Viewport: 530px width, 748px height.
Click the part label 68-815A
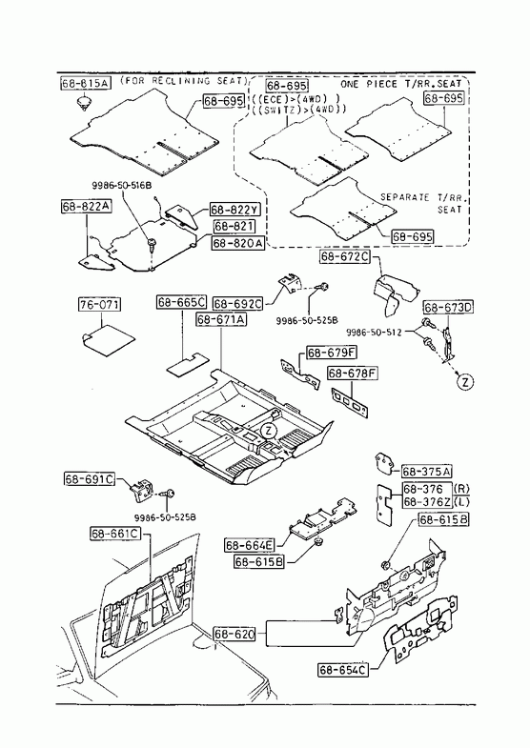pyautogui.click(x=86, y=83)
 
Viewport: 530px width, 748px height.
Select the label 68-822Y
pyautogui.click(x=232, y=210)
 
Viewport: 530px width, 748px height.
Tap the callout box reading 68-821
pyautogui.click(x=234, y=227)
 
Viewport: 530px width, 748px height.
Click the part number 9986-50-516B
pyautogui.click(x=122, y=185)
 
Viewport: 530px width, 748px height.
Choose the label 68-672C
pyautogui.click(x=345, y=256)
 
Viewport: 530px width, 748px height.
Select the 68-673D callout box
pyautogui.click(x=448, y=308)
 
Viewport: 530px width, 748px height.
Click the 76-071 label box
pyautogui.click(x=99, y=304)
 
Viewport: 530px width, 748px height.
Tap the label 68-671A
pyautogui.click(x=221, y=319)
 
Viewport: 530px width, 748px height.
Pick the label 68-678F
pyautogui.click(x=353, y=373)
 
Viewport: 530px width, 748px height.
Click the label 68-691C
pyautogui.click(x=90, y=479)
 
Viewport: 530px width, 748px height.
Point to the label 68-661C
pyautogui.click(x=116, y=534)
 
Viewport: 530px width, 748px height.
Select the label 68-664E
pyautogui.click(x=250, y=545)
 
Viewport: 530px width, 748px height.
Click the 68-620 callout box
pyautogui.click(x=234, y=634)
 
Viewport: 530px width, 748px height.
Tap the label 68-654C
pyautogui.click(x=343, y=670)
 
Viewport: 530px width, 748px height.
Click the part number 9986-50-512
pyautogui.click(x=374, y=333)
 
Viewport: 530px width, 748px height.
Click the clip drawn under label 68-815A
pyautogui.click(x=85, y=103)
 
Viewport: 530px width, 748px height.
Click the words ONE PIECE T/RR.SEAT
pyautogui.click(x=401, y=84)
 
